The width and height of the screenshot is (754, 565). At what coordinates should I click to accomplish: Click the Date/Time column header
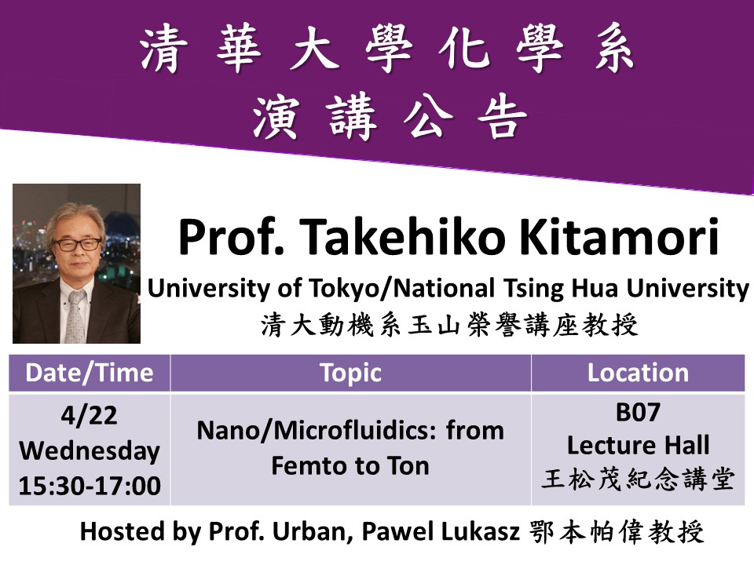click(89, 373)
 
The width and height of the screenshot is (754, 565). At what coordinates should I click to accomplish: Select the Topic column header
click(350, 373)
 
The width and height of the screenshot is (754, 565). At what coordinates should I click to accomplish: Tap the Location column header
click(638, 373)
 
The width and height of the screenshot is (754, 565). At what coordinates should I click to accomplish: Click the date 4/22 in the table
click(89, 416)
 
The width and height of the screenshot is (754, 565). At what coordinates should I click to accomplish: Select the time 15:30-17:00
click(89, 486)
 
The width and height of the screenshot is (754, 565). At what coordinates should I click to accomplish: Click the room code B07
click(638, 412)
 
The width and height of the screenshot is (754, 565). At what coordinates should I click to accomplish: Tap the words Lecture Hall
click(638, 446)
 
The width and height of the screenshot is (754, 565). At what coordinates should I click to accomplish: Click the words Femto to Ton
click(350, 465)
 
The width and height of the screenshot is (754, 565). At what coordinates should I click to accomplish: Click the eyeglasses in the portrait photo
click(76, 244)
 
